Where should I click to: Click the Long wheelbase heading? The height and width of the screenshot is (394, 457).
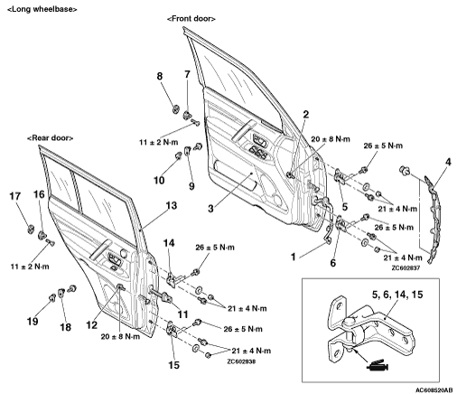tap(42, 9)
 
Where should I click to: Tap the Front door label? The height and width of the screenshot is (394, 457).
tap(191, 19)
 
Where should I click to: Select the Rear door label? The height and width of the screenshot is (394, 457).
tap(50, 138)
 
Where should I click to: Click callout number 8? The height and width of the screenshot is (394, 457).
tap(159, 76)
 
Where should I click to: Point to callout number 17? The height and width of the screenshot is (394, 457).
tap(14, 196)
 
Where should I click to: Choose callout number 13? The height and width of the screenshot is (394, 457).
tap(171, 206)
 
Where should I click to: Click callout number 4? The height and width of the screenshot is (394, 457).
tap(448, 162)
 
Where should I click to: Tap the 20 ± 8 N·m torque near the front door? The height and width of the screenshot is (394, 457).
tap(331, 139)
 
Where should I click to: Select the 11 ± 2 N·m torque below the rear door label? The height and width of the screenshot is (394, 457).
tap(30, 267)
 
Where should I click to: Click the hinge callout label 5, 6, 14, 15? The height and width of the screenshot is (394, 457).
tap(397, 295)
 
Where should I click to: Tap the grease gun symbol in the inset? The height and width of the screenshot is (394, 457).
tap(378, 364)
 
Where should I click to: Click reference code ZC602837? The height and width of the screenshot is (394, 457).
tap(406, 267)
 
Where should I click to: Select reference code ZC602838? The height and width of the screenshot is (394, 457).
tap(241, 361)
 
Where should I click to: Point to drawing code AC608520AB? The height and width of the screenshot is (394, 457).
tap(434, 390)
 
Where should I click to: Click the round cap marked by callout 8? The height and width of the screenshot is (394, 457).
tap(177, 108)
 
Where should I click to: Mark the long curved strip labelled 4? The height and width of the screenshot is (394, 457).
tap(432, 220)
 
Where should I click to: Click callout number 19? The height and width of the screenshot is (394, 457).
tap(33, 322)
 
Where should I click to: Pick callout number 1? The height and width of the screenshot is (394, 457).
tap(293, 257)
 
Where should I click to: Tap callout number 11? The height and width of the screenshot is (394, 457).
tap(182, 314)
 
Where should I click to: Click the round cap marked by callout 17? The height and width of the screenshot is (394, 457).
tap(31, 230)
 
